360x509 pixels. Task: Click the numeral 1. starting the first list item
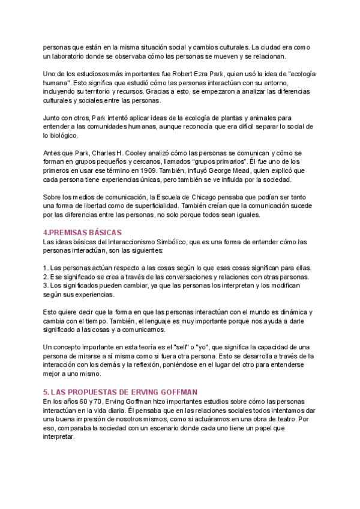click(x=46, y=268)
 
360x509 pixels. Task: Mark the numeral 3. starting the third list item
click(x=46, y=286)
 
